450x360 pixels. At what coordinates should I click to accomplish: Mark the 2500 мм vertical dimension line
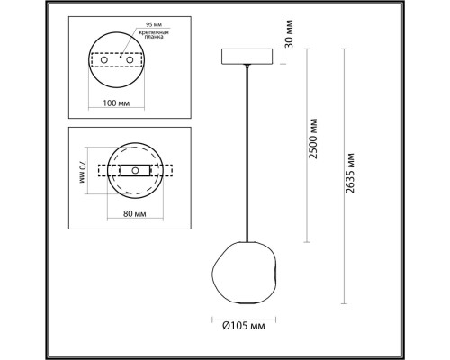click(x=308, y=144)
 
